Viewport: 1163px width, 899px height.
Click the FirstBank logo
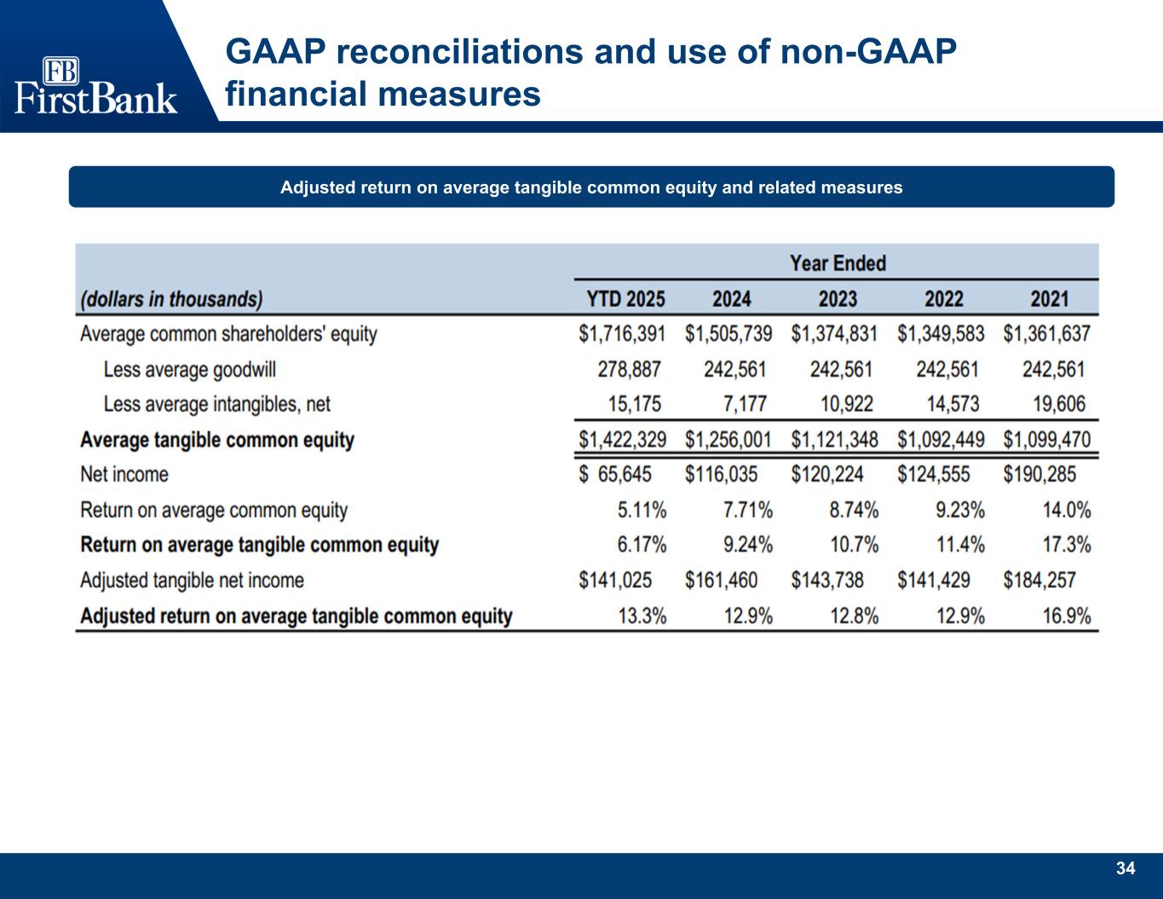click(x=95, y=85)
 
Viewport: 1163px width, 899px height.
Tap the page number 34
click(x=1126, y=869)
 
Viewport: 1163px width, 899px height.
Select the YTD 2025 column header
click(x=625, y=299)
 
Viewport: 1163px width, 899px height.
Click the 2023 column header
click(x=838, y=299)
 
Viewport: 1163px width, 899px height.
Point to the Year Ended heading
click(x=838, y=263)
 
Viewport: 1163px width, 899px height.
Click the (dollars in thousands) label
click(x=171, y=299)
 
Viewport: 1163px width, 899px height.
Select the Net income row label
click(x=124, y=475)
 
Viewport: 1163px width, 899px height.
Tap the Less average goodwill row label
click(x=189, y=370)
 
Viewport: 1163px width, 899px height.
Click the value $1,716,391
click(x=622, y=334)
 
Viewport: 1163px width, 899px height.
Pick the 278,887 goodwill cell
click(x=629, y=370)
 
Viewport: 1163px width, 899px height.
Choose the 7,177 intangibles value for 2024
click(x=747, y=404)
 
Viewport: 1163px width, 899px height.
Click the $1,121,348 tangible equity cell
click(x=834, y=440)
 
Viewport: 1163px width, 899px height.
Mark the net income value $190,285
click(x=1039, y=475)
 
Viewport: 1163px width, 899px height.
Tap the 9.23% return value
click(x=960, y=510)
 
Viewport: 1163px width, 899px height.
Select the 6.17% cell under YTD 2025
click(x=642, y=545)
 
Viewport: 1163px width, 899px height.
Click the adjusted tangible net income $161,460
click(x=721, y=580)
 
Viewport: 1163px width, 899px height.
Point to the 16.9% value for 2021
click(x=1066, y=616)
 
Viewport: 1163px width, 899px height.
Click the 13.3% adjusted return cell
click(x=642, y=616)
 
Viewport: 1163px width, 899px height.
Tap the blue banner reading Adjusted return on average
click(x=591, y=187)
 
